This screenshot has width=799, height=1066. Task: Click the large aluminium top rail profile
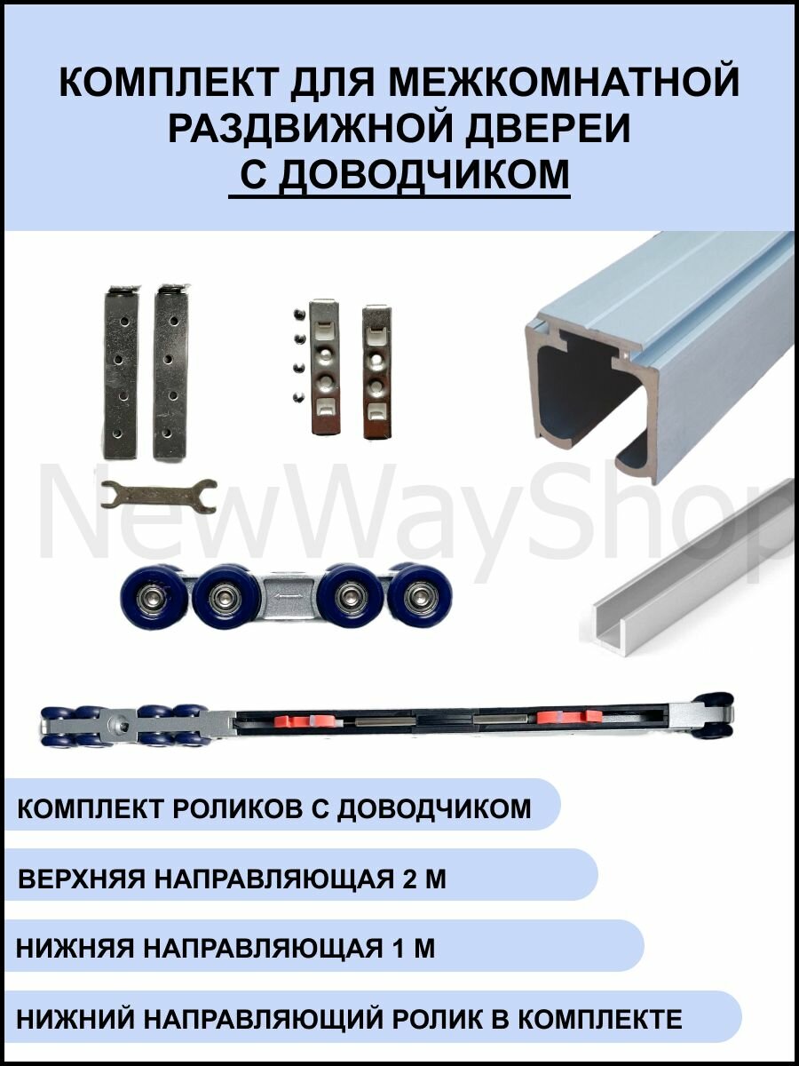pyautogui.click(x=657, y=355)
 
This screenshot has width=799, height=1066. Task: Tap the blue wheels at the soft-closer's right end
pyautogui.click(x=716, y=715)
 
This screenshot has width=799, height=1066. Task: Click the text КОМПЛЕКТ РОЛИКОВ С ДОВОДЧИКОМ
pyautogui.click(x=273, y=808)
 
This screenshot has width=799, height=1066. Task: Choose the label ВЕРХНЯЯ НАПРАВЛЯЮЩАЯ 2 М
pyautogui.click(x=232, y=879)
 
